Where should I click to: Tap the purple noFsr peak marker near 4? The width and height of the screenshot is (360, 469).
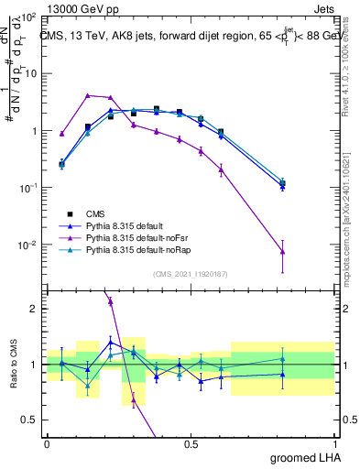point(88,95)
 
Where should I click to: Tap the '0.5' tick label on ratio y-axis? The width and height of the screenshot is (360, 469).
point(29,420)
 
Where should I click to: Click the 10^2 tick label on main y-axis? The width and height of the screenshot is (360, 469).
point(27,17)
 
